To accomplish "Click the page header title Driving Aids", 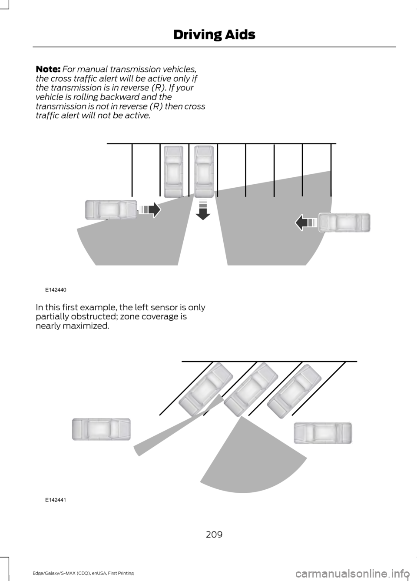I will (x=214, y=35).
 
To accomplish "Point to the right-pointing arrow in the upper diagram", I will (x=150, y=210).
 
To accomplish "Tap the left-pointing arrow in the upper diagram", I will (x=306, y=222).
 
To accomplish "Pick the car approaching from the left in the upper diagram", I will (x=111, y=210).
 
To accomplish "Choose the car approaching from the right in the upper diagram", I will (x=344, y=222).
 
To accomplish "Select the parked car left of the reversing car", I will (x=174, y=171).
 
